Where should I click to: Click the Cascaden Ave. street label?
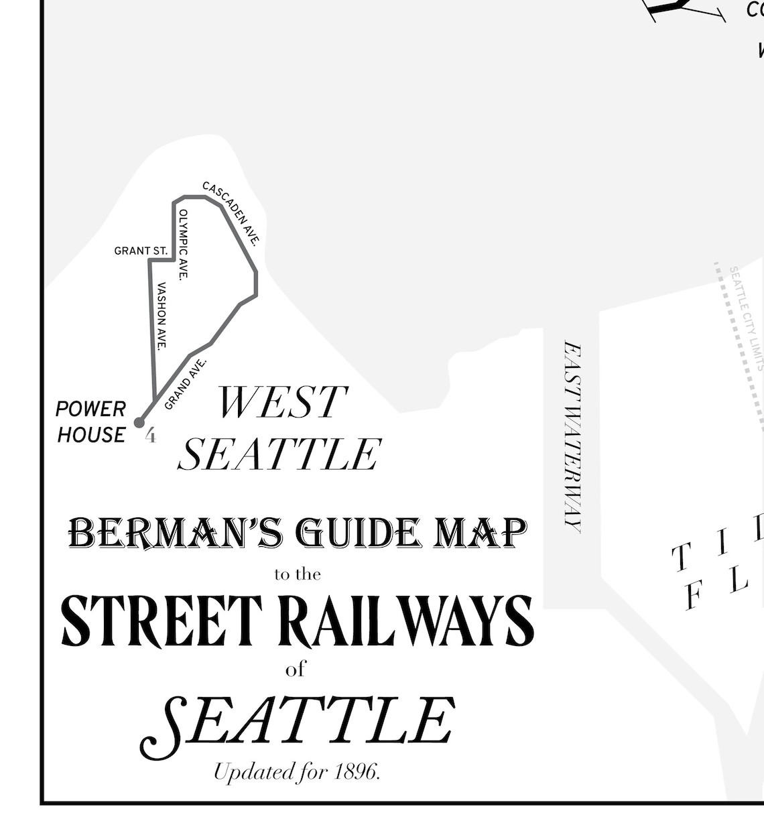(231, 213)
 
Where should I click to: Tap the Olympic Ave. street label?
(183, 244)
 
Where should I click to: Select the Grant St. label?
(141, 251)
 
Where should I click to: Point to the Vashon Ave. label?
(162, 316)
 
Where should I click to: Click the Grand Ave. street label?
(186, 384)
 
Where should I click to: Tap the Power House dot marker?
(139, 422)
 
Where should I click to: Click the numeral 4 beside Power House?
(151, 436)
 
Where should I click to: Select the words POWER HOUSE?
(91, 422)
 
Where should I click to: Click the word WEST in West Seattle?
(282, 402)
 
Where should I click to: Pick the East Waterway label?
(572, 437)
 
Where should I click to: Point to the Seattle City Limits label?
(746, 318)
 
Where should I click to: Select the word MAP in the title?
(481, 533)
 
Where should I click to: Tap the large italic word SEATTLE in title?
(298, 724)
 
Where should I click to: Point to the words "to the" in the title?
(298, 574)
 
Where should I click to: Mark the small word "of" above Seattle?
(296, 669)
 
